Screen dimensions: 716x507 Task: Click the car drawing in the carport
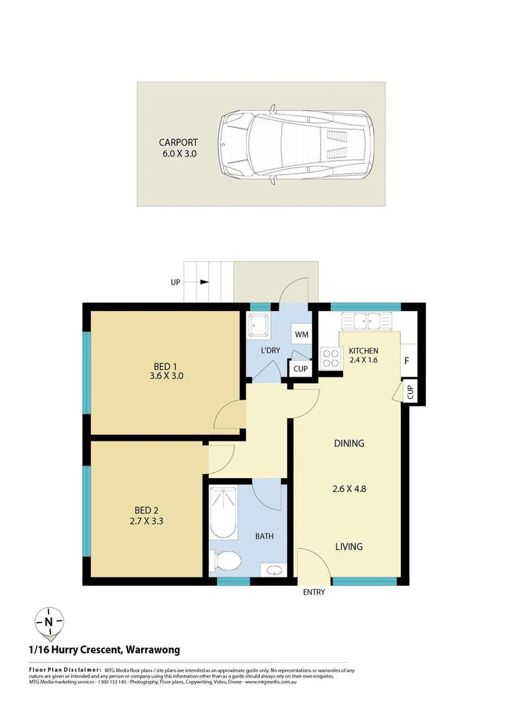296,144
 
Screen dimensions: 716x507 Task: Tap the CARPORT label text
178,142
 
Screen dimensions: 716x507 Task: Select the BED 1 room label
165,366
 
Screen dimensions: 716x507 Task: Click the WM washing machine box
301,334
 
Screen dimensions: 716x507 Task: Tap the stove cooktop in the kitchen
330,359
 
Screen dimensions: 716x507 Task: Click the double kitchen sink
367,322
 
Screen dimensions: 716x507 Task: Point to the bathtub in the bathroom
223,513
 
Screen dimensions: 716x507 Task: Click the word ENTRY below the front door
314,592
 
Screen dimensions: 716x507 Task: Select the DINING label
348,444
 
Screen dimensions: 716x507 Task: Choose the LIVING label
348,547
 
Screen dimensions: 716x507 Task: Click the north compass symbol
49,622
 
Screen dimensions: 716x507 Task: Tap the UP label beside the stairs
176,282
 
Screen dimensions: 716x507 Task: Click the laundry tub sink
258,325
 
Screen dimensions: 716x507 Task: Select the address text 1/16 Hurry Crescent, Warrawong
104,650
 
